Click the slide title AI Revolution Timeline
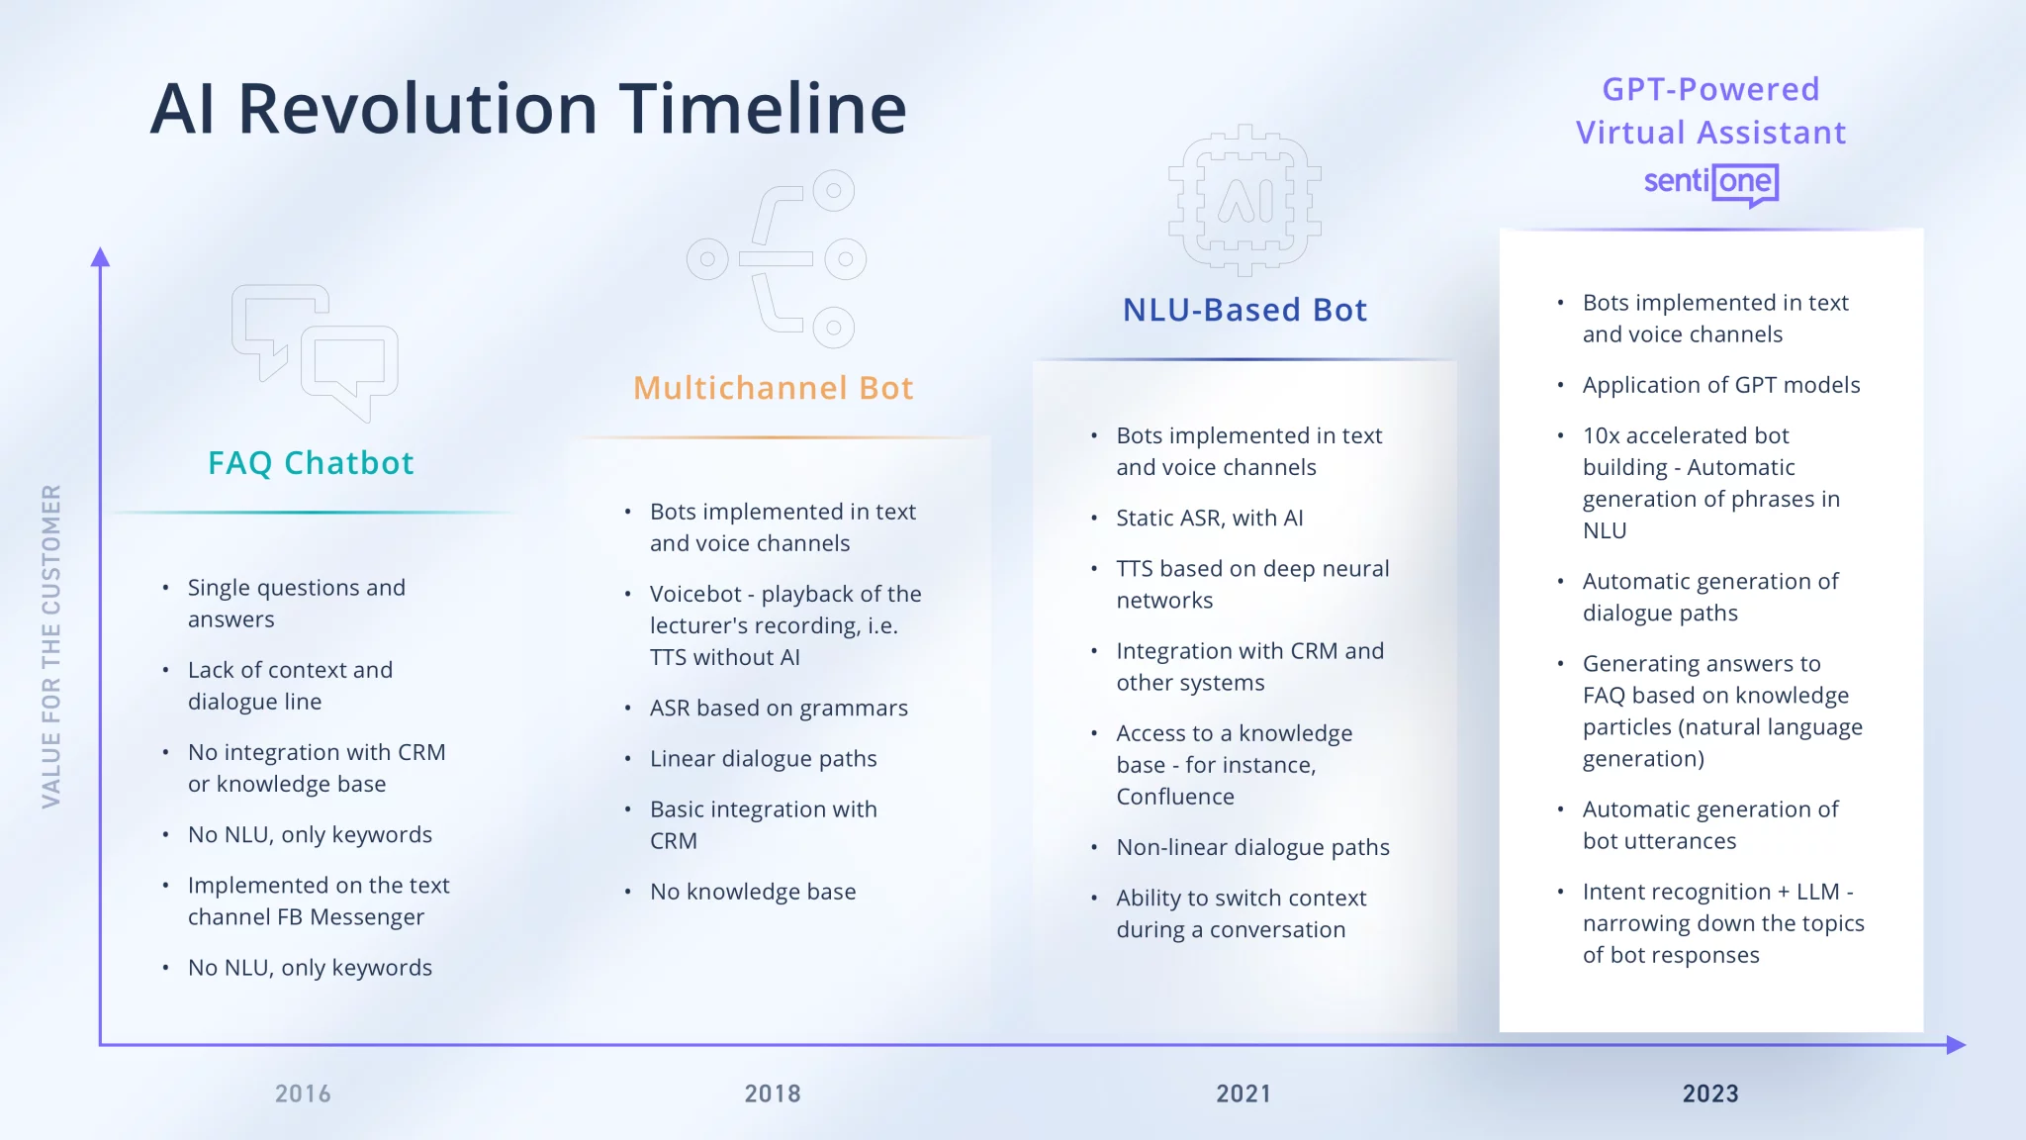(x=528, y=108)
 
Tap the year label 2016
(x=303, y=1093)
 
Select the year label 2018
(x=773, y=1093)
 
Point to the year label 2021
(x=1243, y=1093)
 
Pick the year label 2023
(x=1710, y=1093)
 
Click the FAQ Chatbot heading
(x=311, y=463)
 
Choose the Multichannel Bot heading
(x=774, y=388)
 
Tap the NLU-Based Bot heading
(x=1244, y=310)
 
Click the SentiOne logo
(x=1711, y=183)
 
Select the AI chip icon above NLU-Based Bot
(x=1244, y=200)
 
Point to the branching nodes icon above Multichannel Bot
(x=777, y=259)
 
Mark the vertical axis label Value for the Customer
(x=51, y=646)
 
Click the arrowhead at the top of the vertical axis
(x=100, y=257)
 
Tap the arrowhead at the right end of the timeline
(x=1956, y=1044)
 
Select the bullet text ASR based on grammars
(x=779, y=709)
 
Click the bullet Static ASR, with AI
(x=1209, y=518)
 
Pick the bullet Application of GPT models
(x=1721, y=385)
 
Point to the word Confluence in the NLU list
(x=1175, y=797)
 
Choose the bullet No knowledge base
(x=753, y=892)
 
